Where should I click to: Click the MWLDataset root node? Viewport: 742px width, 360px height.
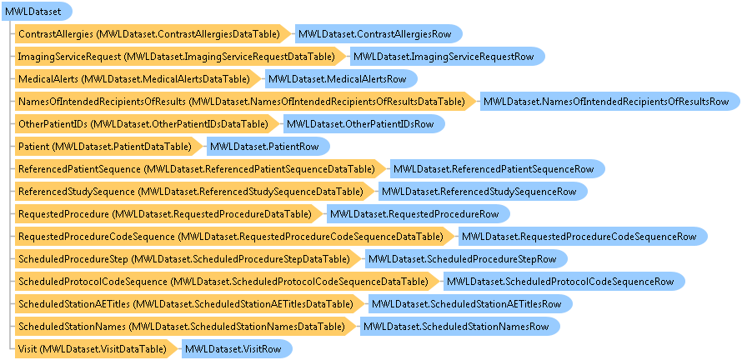(37, 12)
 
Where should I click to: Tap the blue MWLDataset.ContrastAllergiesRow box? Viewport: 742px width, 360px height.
(379, 34)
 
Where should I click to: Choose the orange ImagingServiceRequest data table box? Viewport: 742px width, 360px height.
(180, 57)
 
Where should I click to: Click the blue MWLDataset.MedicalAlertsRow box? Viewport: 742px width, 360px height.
(341, 79)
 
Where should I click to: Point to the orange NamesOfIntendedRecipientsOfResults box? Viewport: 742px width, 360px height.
(245, 101)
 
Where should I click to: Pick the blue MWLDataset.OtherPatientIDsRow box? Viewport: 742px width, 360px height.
(363, 124)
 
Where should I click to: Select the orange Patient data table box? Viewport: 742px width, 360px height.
(109, 146)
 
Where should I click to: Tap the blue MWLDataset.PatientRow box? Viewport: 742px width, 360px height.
(268, 146)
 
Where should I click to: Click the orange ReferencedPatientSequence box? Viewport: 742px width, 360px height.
(200, 169)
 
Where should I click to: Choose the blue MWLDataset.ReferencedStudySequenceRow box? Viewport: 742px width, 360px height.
(483, 192)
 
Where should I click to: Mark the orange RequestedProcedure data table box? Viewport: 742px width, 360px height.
(168, 214)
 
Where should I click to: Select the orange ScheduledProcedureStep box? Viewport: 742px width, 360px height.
(188, 259)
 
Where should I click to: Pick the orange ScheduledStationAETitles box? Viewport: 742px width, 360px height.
(190, 303)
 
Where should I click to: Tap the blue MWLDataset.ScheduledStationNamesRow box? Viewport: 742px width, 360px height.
(460, 327)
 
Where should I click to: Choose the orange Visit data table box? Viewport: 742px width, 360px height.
(97, 349)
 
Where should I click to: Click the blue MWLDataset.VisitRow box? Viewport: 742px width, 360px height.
(237, 349)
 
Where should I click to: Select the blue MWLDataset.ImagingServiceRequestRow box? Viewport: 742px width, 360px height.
(448, 57)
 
